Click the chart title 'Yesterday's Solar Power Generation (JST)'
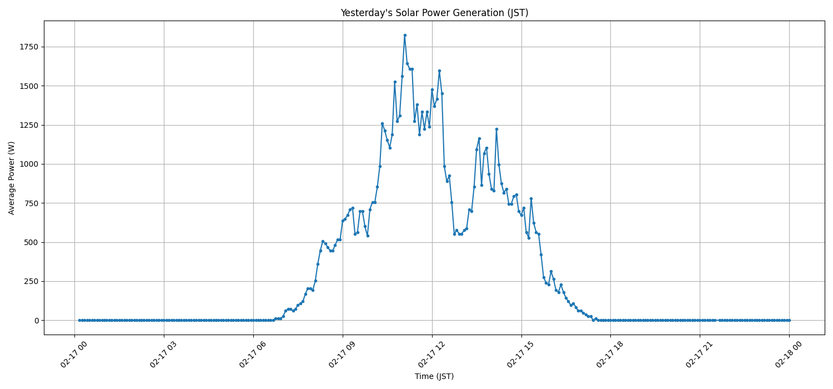click(x=434, y=13)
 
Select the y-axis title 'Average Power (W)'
click(x=12, y=178)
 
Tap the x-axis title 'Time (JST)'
click(x=434, y=376)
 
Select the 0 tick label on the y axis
click(x=37, y=321)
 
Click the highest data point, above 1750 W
click(x=405, y=35)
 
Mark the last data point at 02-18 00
click(x=789, y=320)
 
